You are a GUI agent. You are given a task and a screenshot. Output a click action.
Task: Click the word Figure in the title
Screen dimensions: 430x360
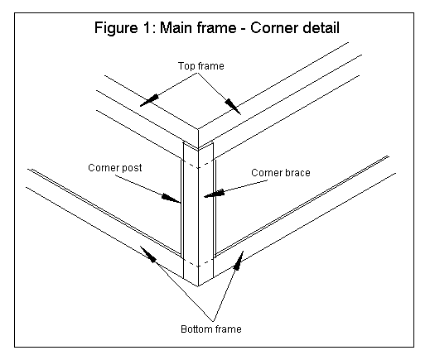(x=116, y=28)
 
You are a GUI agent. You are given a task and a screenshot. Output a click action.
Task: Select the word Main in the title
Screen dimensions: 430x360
(x=175, y=27)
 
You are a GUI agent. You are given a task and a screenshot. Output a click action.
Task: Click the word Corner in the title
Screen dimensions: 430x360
(x=274, y=27)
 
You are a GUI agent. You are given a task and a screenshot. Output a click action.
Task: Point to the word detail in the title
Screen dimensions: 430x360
(x=321, y=27)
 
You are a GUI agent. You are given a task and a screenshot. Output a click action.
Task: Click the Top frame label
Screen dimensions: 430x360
(x=201, y=66)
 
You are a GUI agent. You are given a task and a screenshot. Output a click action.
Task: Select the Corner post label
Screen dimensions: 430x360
(x=115, y=168)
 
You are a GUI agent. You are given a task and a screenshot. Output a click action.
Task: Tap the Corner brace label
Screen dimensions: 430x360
(x=281, y=173)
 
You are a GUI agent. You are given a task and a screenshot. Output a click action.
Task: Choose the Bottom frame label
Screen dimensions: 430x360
(x=211, y=329)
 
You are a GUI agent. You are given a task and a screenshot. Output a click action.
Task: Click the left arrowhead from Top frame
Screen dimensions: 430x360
(x=149, y=100)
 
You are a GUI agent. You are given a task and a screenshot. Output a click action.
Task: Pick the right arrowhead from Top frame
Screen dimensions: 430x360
(x=233, y=107)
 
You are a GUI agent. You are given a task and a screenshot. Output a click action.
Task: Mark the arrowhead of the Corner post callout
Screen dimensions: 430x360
(x=171, y=198)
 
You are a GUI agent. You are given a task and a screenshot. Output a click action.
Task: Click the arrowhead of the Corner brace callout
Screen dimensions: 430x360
(x=215, y=194)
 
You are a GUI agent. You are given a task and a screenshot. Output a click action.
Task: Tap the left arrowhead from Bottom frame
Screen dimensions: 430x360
(x=148, y=254)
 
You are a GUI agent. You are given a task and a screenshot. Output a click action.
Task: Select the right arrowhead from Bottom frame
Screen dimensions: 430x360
(x=239, y=260)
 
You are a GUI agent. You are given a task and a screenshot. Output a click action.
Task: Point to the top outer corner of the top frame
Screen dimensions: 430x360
(x=198, y=129)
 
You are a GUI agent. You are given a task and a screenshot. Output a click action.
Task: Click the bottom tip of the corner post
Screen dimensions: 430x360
(x=198, y=286)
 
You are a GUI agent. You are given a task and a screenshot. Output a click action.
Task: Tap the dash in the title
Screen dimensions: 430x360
(x=244, y=29)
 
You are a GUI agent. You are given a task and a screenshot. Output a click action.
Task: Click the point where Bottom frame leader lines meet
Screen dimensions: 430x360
(x=213, y=322)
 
